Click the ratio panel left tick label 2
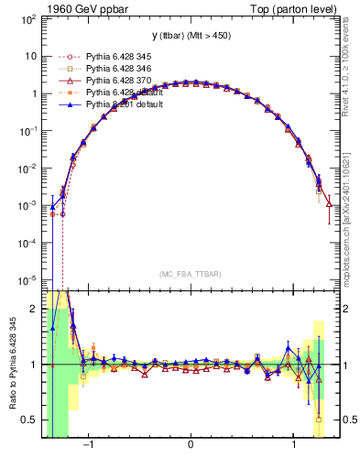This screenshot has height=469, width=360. click(33, 310)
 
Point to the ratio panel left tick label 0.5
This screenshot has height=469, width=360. click(29, 420)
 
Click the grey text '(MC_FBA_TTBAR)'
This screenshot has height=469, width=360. click(190, 276)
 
